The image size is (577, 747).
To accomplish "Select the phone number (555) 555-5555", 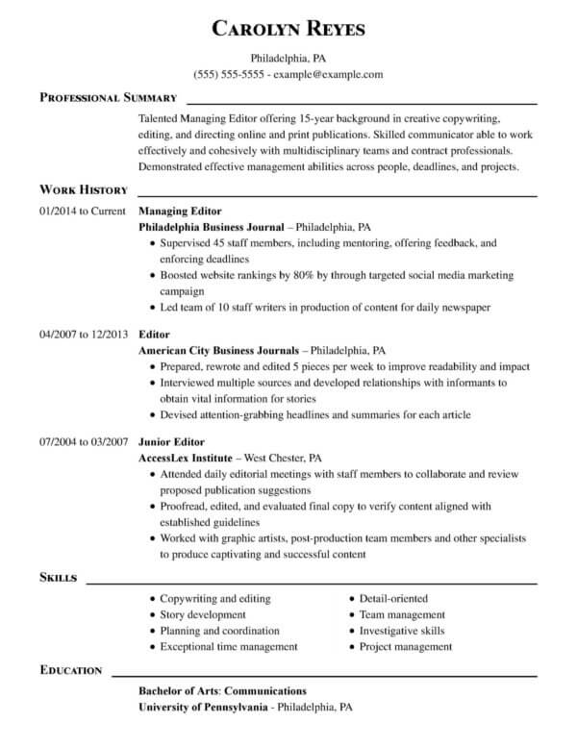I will click(x=229, y=74).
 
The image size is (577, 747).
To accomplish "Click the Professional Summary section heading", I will click(x=108, y=98).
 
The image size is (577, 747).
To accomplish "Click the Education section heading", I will click(x=72, y=669).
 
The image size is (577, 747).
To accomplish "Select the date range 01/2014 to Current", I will click(x=83, y=211).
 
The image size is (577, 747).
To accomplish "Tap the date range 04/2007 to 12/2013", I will click(x=83, y=334).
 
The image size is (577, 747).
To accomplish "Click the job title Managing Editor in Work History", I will click(x=181, y=211).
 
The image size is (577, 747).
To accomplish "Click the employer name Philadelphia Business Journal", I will click(x=212, y=228).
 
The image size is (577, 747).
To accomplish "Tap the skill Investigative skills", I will click(x=402, y=631).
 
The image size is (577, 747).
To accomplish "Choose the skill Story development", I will click(x=203, y=614).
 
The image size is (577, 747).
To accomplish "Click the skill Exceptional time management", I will click(x=229, y=647).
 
